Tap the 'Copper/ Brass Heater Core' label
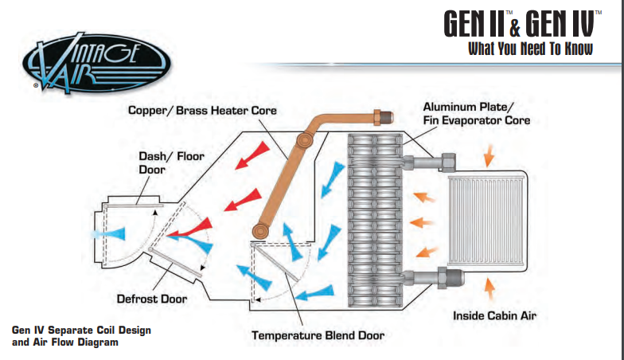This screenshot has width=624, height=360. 202,110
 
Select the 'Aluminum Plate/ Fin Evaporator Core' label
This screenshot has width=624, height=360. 476,113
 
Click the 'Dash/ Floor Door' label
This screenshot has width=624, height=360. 171,162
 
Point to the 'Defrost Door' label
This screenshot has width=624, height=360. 151,299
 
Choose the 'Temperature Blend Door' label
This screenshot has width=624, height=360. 318,335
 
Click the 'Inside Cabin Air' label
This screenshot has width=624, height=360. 494,315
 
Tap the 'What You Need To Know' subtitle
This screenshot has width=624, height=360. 530,49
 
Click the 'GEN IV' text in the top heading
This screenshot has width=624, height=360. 559,24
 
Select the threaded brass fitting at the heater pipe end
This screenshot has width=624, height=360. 384,117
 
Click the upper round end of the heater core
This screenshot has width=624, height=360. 304,140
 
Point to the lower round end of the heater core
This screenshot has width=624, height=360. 260,231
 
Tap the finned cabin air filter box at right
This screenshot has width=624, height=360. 486,221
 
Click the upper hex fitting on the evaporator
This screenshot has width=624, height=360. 447,162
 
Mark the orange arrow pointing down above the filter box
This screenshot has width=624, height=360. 489,155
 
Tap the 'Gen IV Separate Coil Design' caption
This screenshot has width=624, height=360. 81,330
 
